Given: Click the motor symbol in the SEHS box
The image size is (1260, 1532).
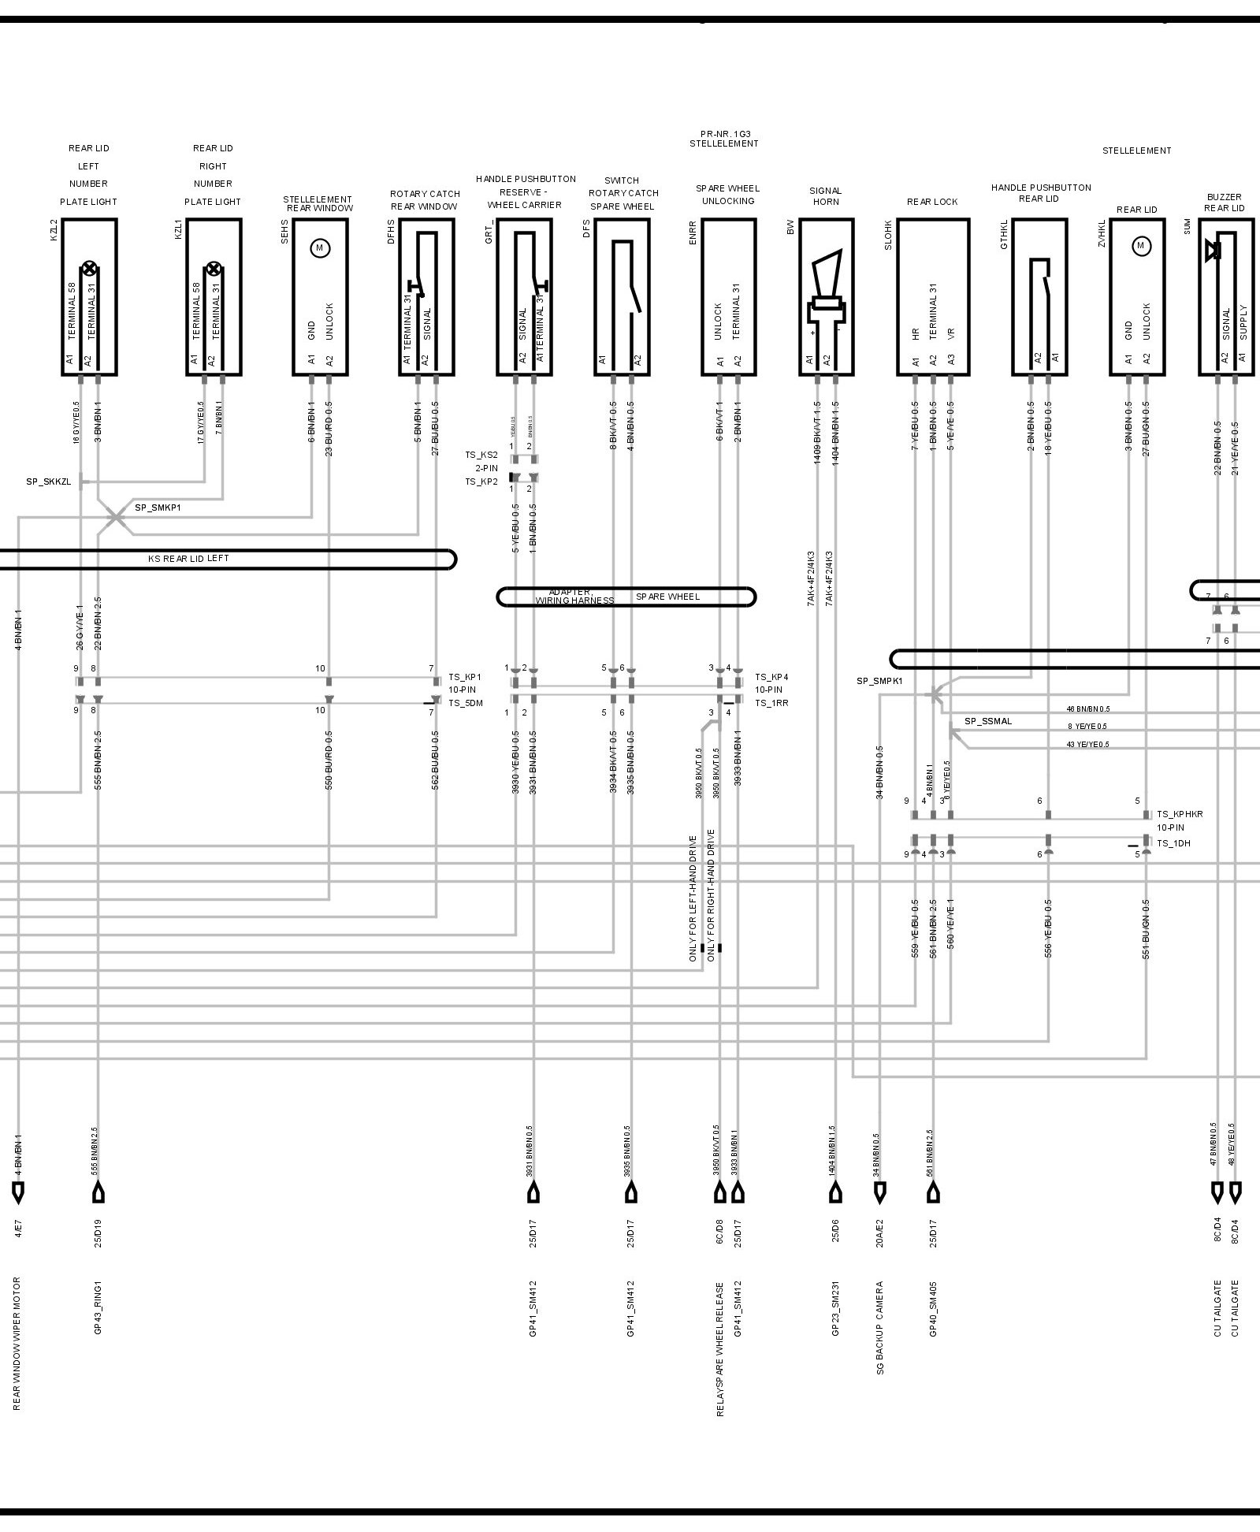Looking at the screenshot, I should pyautogui.click(x=320, y=247).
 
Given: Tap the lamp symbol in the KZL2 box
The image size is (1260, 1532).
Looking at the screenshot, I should pyautogui.click(x=89, y=268).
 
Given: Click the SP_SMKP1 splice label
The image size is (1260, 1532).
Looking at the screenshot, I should pyautogui.click(x=158, y=508).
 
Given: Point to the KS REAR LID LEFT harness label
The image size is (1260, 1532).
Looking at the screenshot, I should pyautogui.click(x=189, y=559).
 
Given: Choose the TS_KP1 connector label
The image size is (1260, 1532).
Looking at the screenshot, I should pyautogui.click(x=465, y=677).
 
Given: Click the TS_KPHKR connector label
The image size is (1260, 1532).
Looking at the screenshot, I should pyautogui.click(x=1180, y=814).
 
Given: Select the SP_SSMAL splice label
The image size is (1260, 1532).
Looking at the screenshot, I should pyautogui.click(x=988, y=721).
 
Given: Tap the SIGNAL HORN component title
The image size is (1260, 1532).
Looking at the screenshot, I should pyautogui.click(x=825, y=196).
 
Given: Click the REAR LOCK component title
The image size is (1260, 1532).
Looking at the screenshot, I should pyautogui.click(x=932, y=202).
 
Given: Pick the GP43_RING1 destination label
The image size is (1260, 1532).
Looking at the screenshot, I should pyautogui.click(x=98, y=1307).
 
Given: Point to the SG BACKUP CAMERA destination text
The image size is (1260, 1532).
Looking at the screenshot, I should pyautogui.click(x=880, y=1328).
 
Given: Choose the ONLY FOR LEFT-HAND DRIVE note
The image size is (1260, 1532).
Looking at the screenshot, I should pyautogui.click(x=693, y=898).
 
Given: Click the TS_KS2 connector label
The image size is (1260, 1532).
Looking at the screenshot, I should pyautogui.click(x=481, y=455).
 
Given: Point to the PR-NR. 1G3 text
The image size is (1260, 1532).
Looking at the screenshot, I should pyautogui.click(x=723, y=134).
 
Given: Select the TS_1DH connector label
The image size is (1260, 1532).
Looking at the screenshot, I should pyautogui.click(x=1173, y=843).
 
